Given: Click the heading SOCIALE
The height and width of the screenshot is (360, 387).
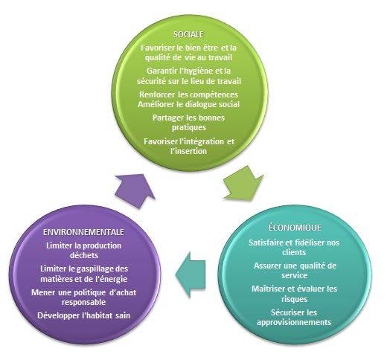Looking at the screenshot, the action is coord(188,34).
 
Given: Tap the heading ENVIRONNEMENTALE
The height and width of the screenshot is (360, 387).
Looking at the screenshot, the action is coord(83,232).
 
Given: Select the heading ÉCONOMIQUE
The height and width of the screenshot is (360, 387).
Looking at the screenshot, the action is coord(295,228).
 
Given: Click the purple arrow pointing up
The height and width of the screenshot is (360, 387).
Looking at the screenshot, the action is coord(135,190).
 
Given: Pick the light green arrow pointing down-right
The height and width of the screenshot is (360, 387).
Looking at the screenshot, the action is coord(243,184).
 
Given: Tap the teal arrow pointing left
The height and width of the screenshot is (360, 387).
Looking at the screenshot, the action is coord(191,274).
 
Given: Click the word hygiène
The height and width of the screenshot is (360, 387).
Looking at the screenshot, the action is coord(196,71).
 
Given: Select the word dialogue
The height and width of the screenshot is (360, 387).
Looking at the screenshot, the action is coord(201,104).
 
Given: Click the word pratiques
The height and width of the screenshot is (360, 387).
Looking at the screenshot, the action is coord(189,128).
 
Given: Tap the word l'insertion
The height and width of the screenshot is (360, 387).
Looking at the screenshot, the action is coord(188,151).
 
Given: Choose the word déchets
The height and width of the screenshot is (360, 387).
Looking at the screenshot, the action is coord(84,255).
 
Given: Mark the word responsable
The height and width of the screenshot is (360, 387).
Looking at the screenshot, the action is coord(84,302).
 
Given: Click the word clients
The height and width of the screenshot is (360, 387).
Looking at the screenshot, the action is coord(294,252).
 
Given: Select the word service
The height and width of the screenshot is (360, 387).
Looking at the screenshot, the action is coord(295,275).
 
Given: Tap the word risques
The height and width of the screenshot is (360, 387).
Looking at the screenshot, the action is coord(295,299).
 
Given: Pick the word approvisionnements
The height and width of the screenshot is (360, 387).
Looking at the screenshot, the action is coord(294,322).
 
